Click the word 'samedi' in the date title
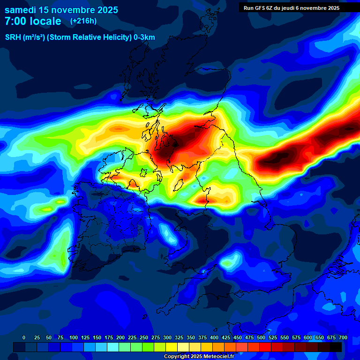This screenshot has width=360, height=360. click(x=20, y=10)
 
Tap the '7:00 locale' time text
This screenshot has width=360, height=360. click(x=33, y=21)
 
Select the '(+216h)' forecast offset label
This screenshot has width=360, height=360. click(x=83, y=21)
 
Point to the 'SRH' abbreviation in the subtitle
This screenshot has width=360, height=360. click(x=13, y=38)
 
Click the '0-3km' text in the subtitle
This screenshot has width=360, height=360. click(x=144, y=38)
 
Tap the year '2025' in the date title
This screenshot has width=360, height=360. click(x=105, y=10)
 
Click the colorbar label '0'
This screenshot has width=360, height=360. click(x=24, y=337)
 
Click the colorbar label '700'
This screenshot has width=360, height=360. click(x=343, y=337)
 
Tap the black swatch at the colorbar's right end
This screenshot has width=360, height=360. click(x=336, y=347)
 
